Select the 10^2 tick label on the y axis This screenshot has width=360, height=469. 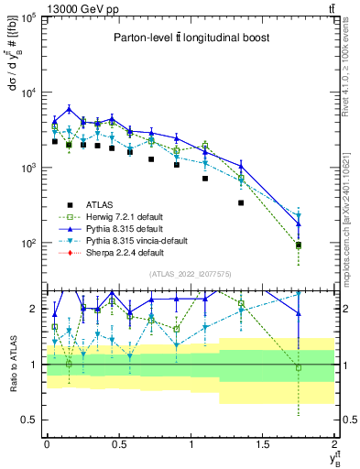(27, 244)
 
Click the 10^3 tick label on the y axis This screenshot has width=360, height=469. (27, 169)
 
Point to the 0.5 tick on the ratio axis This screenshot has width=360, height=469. (30, 420)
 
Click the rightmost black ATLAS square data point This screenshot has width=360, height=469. (299, 245)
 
